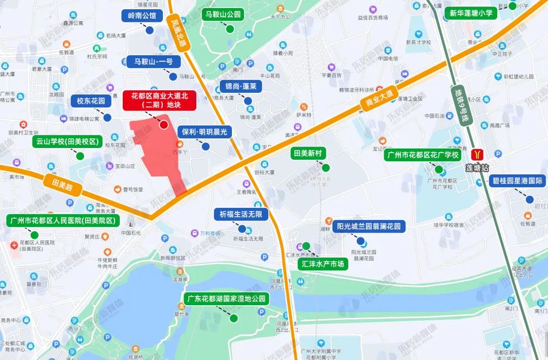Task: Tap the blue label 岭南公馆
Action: click(142, 15)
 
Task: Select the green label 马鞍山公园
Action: click(223, 14)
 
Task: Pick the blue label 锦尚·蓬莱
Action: click(241, 86)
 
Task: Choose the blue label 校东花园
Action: click(91, 101)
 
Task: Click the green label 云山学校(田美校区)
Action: click(67, 141)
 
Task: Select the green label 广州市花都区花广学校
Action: click(423, 154)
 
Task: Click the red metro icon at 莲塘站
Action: click(477, 154)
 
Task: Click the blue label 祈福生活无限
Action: click(241, 214)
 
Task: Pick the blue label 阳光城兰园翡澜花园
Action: click(369, 226)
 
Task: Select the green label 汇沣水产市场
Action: click(323, 264)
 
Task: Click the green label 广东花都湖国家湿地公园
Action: click(226, 299)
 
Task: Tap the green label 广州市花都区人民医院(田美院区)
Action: click(63, 221)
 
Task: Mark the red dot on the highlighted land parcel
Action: click(164, 125)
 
